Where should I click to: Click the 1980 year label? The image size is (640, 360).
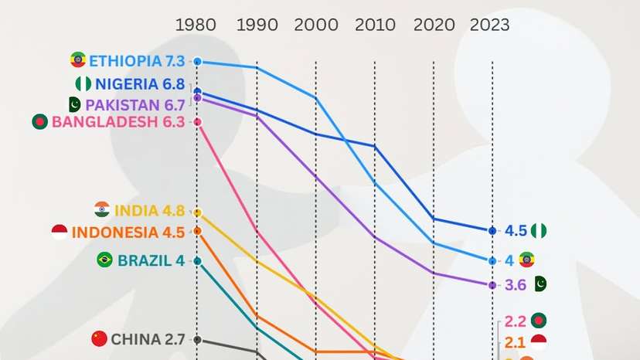(x=196, y=25)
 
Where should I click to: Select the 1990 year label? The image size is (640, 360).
(x=257, y=25)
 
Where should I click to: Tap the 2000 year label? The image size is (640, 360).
(x=315, y=25)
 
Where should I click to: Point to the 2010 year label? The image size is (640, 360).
(x=375, y=25)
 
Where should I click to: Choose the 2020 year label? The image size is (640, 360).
(x=434, y=25)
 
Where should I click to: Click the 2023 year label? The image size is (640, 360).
(x=490, y=25)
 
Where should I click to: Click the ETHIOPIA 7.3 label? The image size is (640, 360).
(x=138, y=61)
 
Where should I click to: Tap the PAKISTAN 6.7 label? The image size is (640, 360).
(x=135, y=104)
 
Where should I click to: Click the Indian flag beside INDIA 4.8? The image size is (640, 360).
(x=102, y=209)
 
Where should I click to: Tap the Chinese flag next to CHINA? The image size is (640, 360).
(x=99, y=338)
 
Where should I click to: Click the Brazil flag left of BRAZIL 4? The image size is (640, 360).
(x=104, y=260)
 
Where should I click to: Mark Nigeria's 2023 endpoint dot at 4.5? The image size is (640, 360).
(x=492, y=230)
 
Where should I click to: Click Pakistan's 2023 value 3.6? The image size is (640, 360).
(x=516, y=284)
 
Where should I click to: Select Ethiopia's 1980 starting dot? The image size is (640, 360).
(x=197, y=61)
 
